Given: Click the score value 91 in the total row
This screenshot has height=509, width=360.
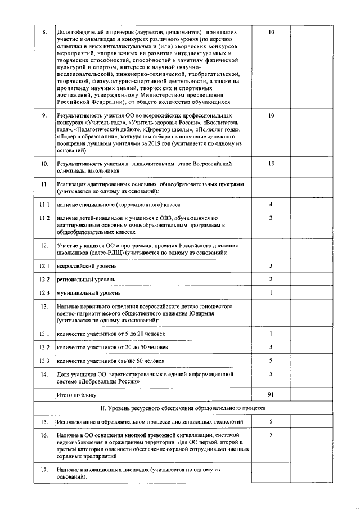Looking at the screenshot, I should point(271,395).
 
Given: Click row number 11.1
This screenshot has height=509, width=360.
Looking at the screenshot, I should point(44,204).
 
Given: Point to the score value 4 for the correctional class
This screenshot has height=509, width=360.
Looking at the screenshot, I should point(271,204).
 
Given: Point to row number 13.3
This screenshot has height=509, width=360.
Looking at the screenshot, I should point(44,361).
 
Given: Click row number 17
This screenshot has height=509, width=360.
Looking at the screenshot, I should point(44,469).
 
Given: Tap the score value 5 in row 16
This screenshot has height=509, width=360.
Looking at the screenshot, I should point(271,435).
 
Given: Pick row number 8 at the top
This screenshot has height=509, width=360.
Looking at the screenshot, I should point(44,33).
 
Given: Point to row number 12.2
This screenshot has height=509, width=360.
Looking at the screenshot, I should point(44,279).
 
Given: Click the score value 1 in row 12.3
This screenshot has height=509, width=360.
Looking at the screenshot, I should point(271,293).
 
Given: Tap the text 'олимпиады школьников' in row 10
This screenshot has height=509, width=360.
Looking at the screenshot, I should point(88,170).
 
